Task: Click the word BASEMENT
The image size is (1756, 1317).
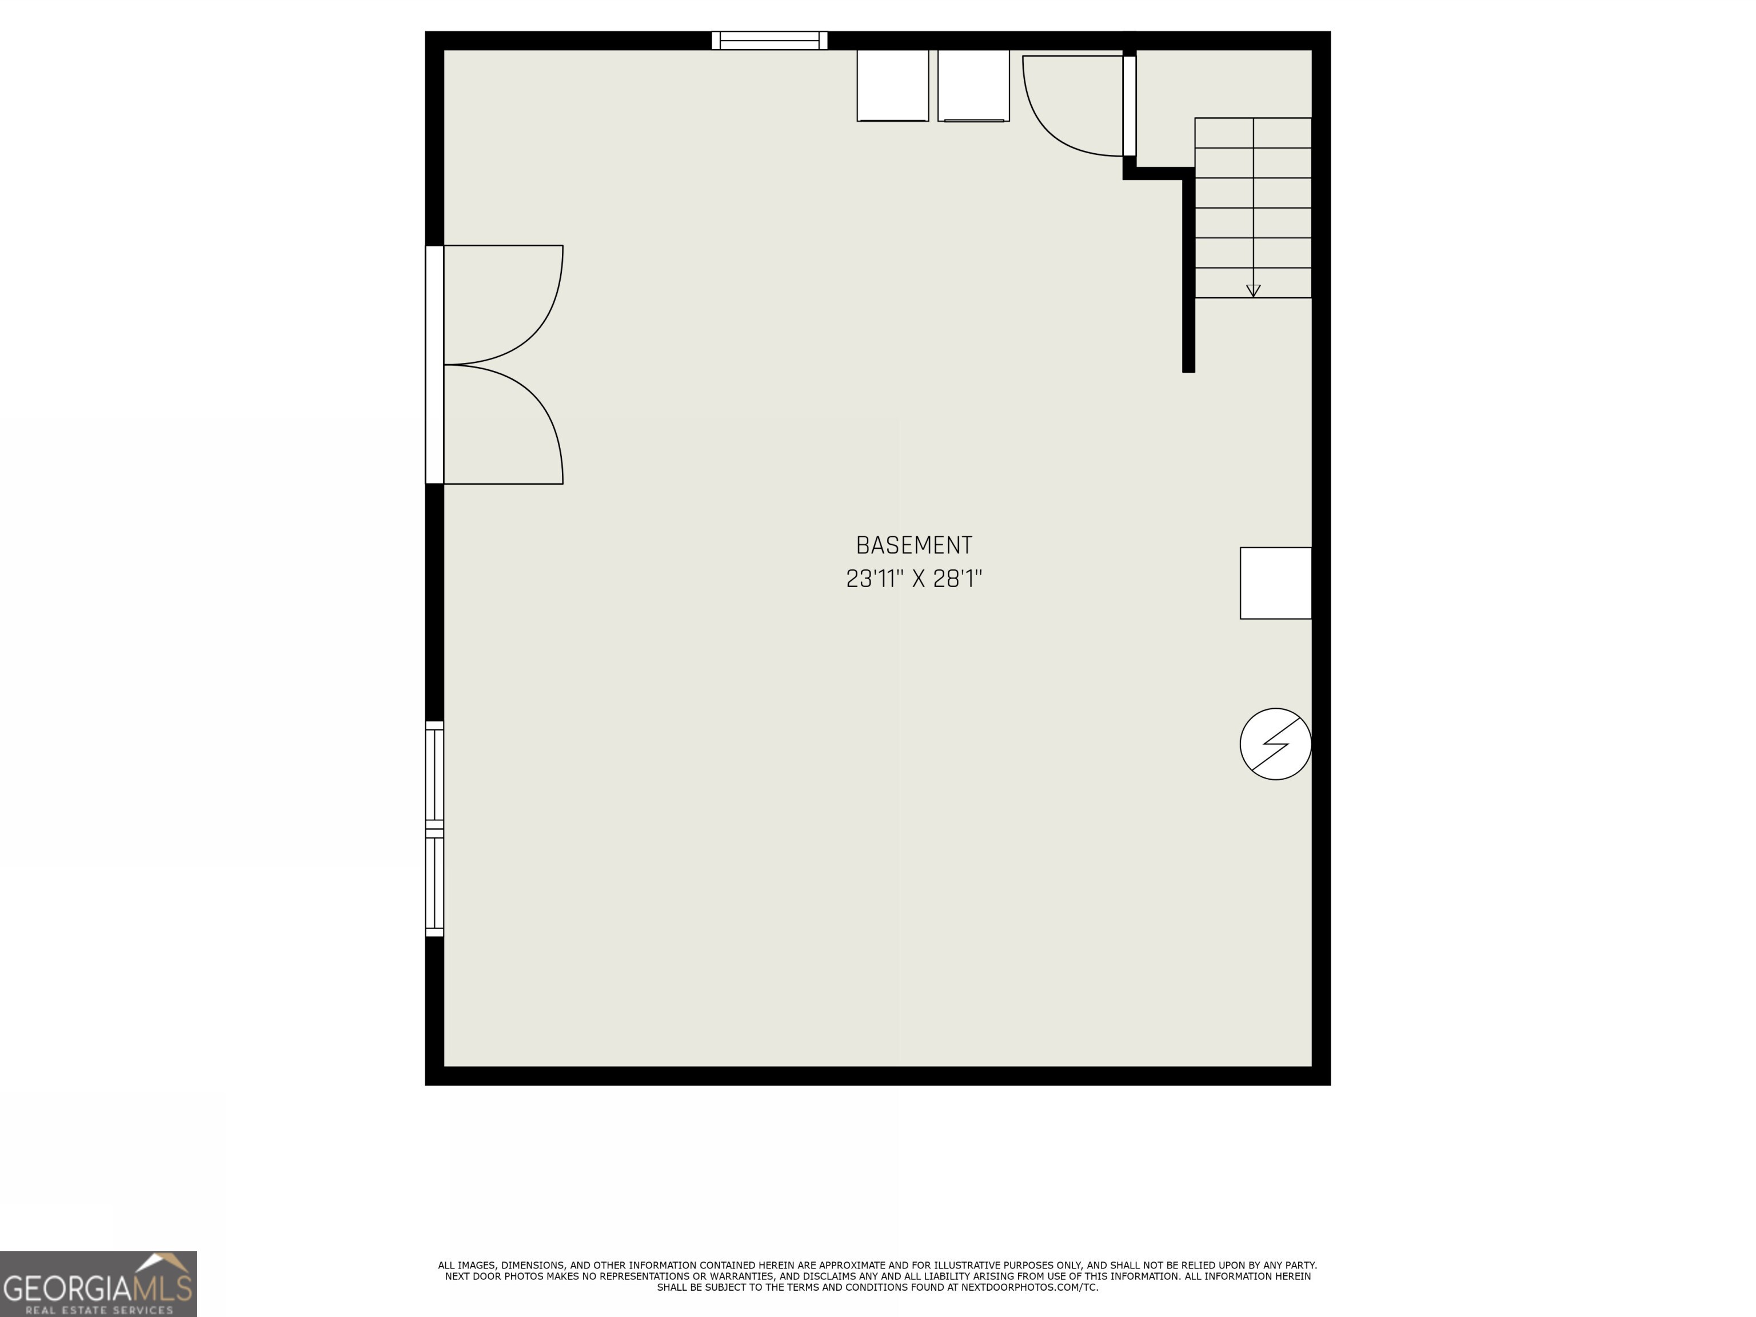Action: coord(913,545)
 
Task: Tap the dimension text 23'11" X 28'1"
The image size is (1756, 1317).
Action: coord(913,578)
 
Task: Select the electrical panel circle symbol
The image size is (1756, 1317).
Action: coord(1275,744)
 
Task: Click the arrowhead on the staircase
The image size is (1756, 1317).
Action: coord(1253,290)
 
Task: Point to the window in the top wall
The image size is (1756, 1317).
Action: coord(769,41)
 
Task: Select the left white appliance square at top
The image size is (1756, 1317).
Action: coord(892,86)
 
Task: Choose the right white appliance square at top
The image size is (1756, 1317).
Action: coord(973,86)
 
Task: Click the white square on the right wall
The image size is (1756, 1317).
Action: coord(1275,582)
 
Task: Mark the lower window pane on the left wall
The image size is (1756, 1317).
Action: coord(434,884)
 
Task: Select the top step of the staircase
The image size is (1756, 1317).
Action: coord(1253,133)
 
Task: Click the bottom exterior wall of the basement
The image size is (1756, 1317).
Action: coord(877,1076)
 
